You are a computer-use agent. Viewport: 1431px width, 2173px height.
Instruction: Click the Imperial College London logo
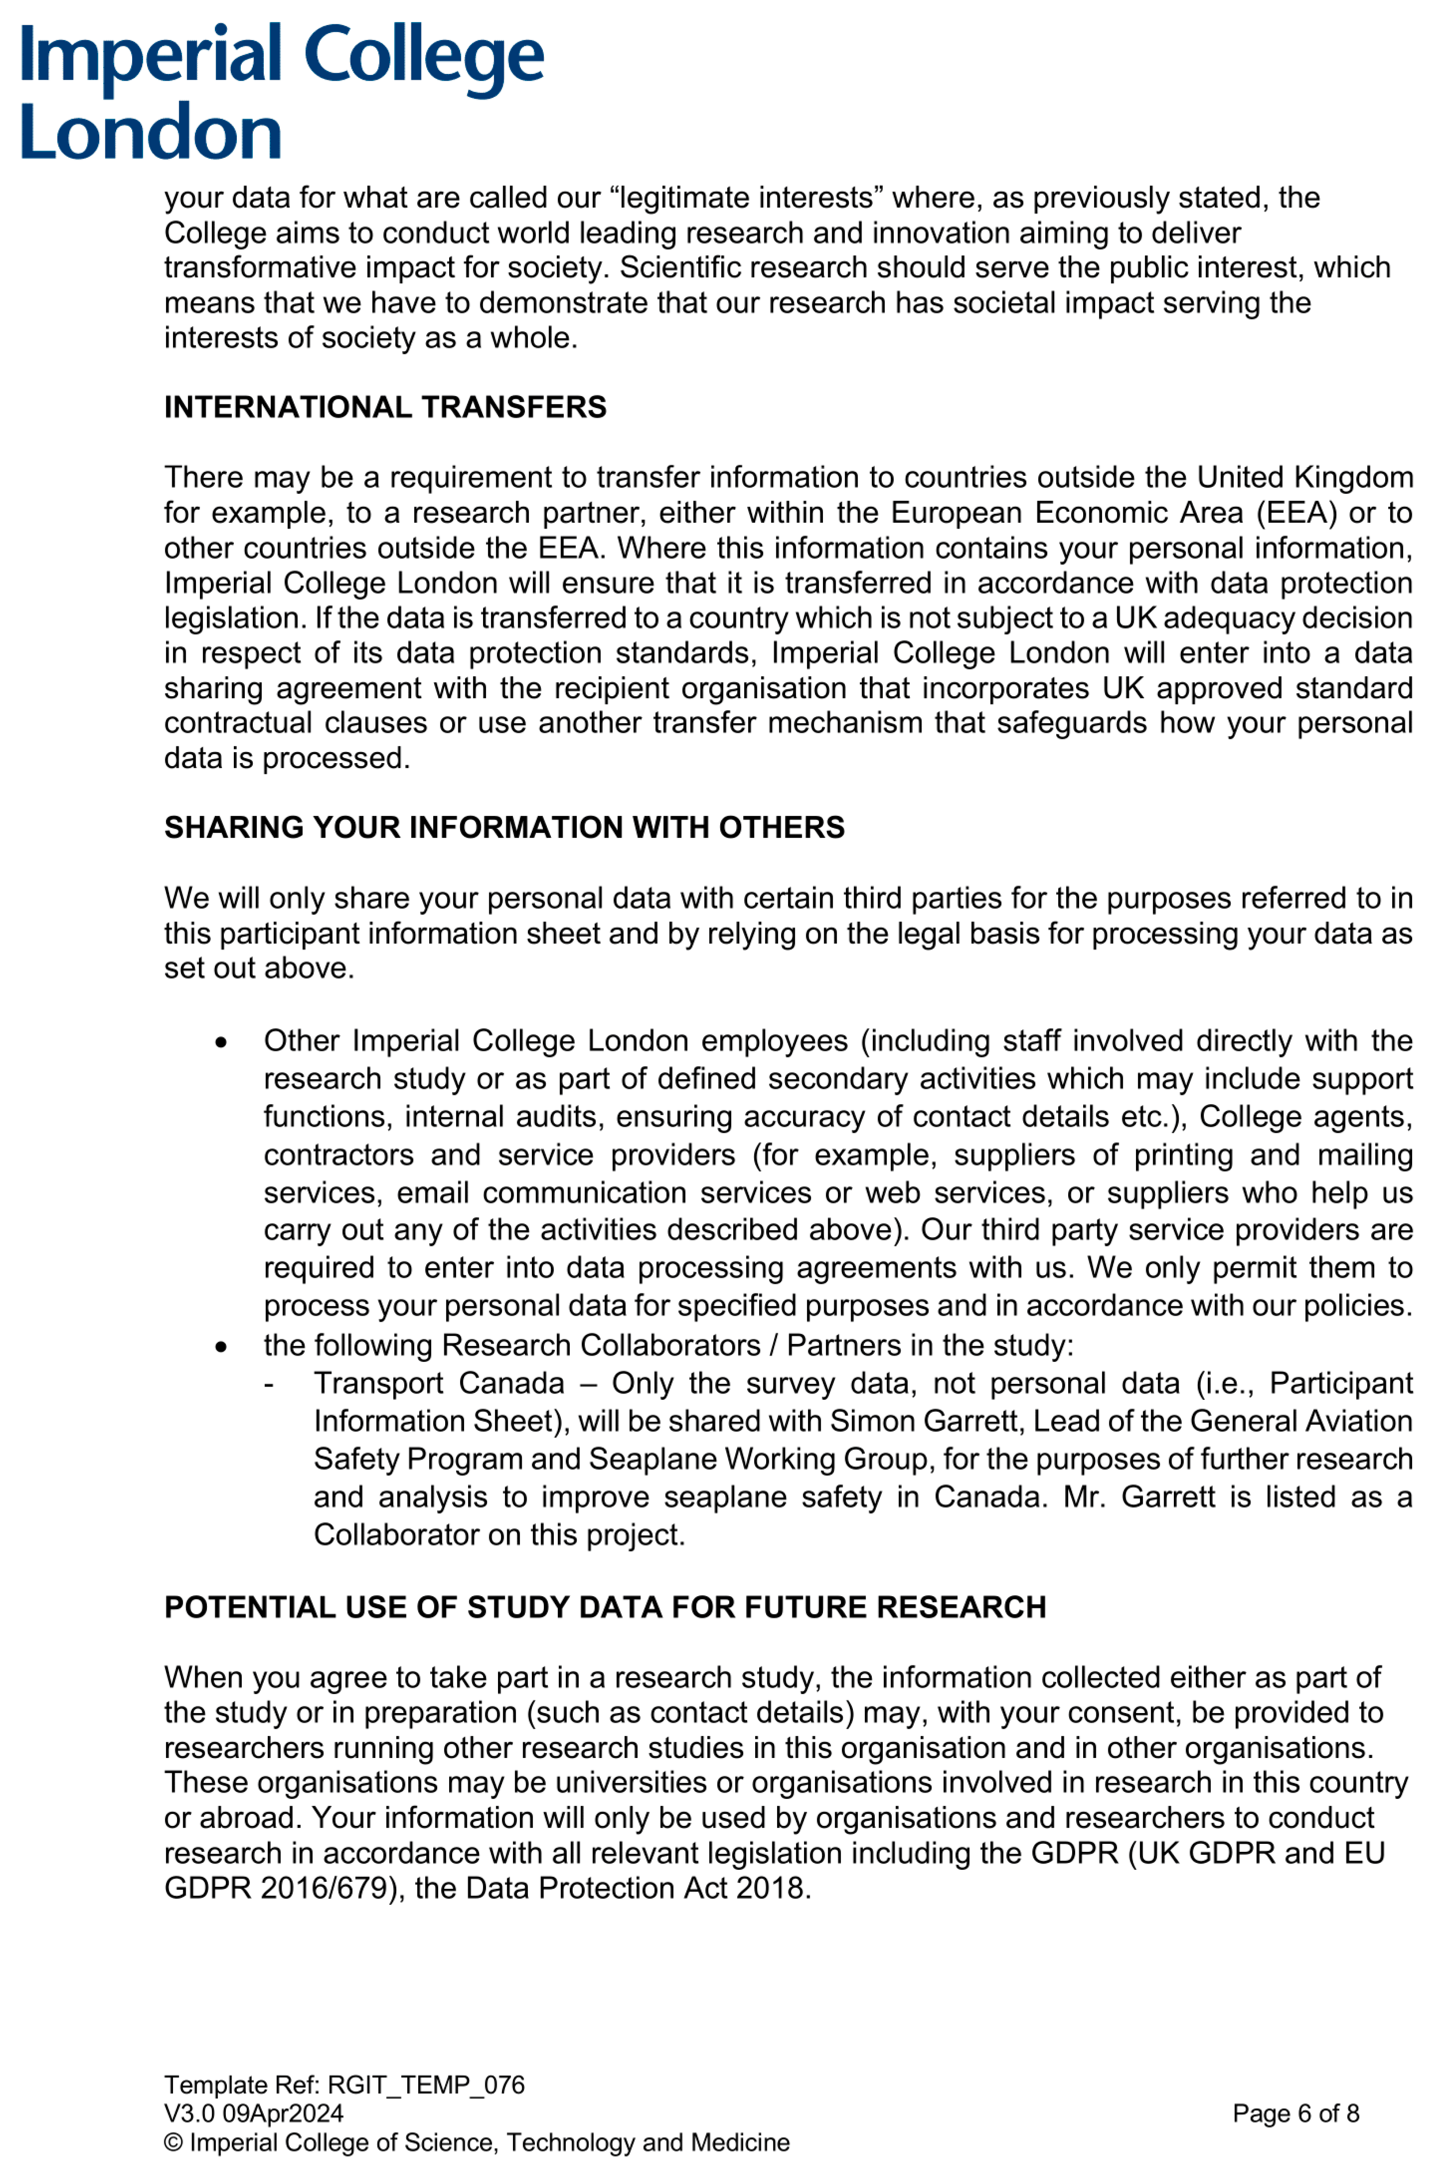281,91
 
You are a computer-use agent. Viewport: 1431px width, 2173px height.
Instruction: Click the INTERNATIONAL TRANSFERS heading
385,407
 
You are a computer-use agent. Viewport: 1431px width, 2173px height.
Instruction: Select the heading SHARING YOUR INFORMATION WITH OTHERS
504,827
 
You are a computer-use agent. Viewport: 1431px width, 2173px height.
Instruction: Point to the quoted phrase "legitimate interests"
746,198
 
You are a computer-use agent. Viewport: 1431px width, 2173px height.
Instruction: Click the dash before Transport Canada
269,1384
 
